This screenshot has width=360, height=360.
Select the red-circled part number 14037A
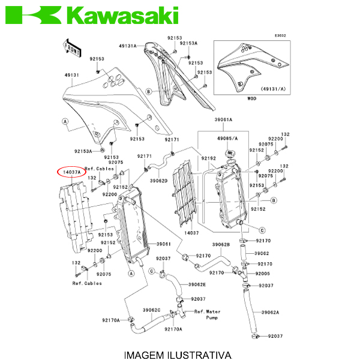point(71,172)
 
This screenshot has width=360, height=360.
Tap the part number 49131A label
point(128,46)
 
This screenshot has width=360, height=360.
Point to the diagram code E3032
point(280,35)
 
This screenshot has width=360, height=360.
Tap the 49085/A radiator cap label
point(227,139)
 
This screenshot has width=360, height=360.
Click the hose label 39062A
point(270,313)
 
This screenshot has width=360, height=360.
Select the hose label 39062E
point(197,284)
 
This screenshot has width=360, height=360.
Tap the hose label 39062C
point(152,310)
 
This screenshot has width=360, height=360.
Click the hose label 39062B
point(221,245)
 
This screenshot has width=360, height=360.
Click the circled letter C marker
point(262,230)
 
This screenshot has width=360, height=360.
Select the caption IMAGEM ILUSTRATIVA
point(178,355)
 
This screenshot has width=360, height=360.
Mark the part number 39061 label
point(164,244)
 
